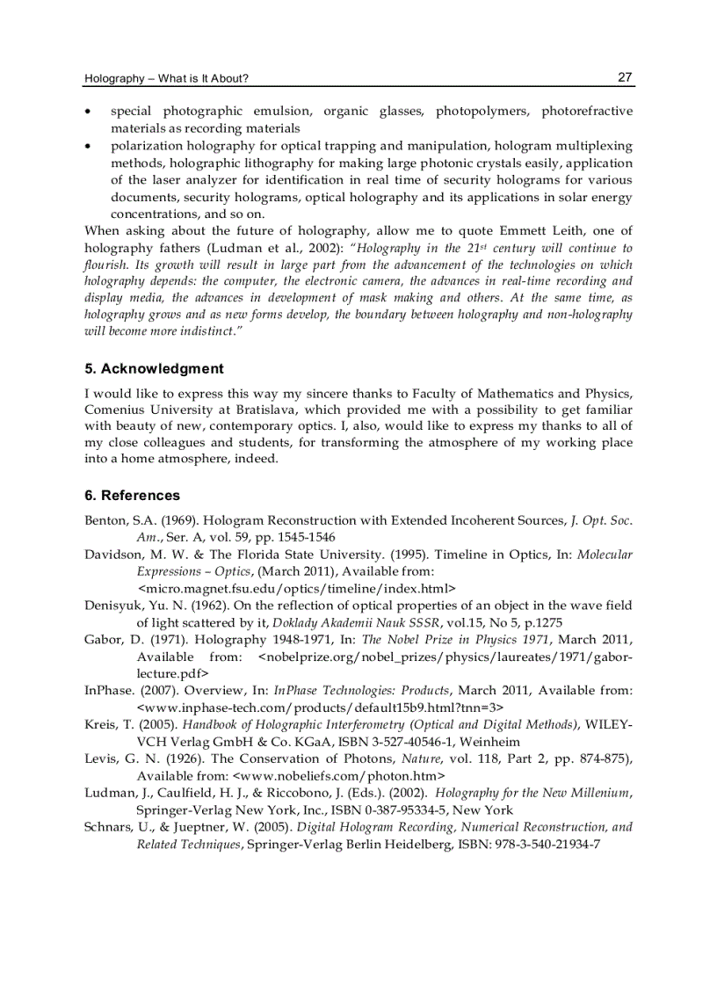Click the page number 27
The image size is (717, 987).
click(x=625, y=77)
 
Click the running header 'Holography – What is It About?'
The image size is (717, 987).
click(x=166, y=79)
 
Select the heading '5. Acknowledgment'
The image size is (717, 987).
click(x=154, y=368)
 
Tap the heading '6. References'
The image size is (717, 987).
click(x=132, y=495)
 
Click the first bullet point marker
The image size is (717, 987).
click(x=88, y=112)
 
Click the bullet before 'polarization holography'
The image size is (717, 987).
click(x=88, y=146)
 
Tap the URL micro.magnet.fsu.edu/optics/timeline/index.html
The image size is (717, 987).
click(x=297, y=588)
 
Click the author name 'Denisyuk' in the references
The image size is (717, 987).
click(x=114, y=605)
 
